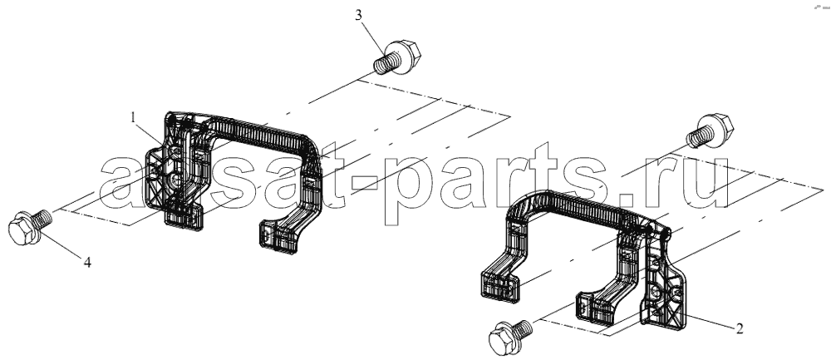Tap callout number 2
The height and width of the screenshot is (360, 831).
pos(740,328)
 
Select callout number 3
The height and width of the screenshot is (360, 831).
pos(359,15)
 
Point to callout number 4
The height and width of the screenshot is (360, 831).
pos(87,261)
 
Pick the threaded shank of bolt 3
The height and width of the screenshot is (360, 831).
pos(381,65)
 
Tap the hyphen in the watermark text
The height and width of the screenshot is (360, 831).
pos(364,184)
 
